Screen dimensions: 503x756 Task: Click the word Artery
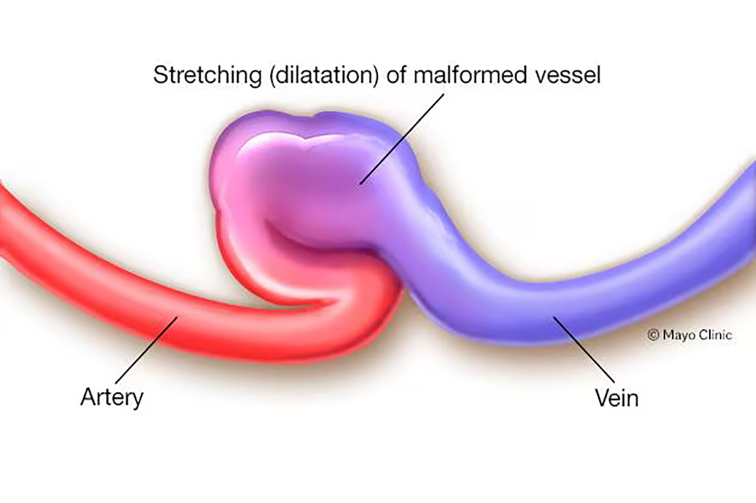click(x=112, y=398)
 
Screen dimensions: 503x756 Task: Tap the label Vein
click(x=617, y=398)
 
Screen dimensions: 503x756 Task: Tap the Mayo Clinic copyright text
click(x=690, y=335)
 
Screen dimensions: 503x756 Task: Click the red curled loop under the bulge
click(x=353, y=296)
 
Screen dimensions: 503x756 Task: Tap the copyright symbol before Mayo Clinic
click(x=653, y=335)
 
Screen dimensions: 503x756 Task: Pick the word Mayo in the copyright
click(x=677, y=335)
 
